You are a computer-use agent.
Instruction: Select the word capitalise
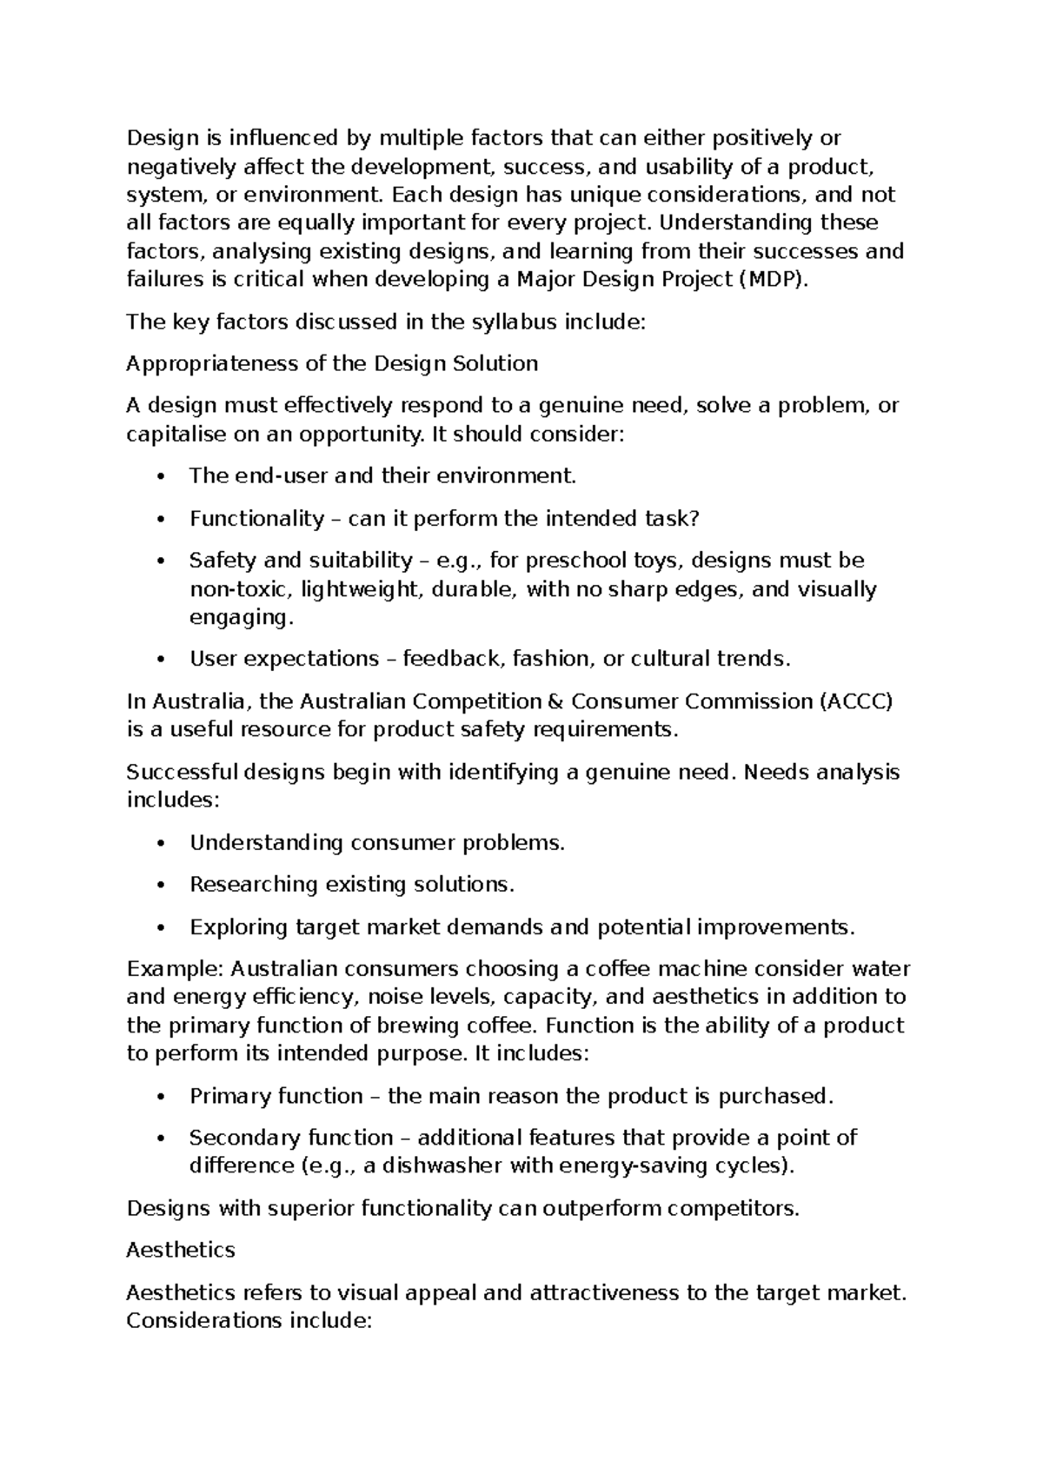tap(175, 434)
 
